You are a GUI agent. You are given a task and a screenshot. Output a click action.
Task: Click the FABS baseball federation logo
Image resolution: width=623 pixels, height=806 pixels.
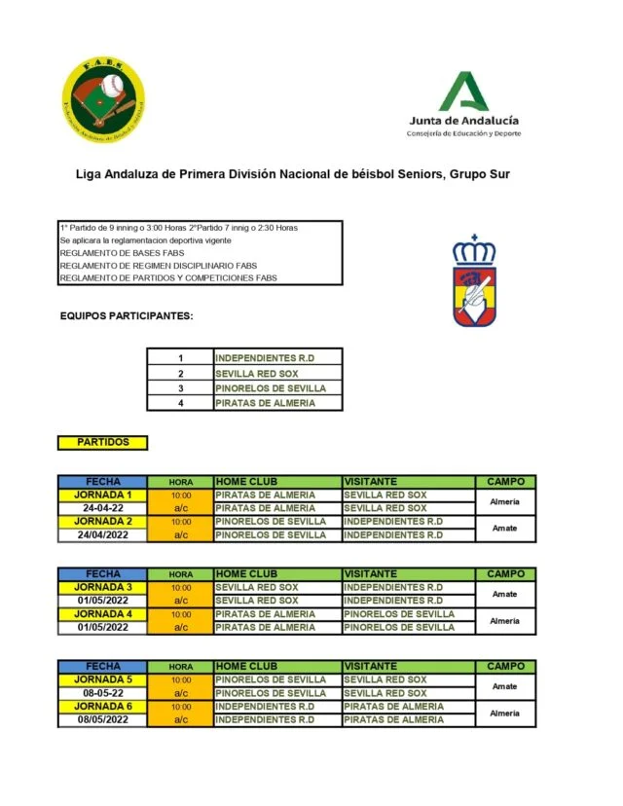(103, 100)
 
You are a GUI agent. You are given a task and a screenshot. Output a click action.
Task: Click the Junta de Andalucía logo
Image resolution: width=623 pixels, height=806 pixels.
(463, 104)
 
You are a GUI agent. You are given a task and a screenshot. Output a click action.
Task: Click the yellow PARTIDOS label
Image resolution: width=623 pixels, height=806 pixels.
(102, 442)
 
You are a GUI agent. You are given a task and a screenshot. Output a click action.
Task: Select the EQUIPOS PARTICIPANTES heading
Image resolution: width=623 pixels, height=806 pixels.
(127, 315)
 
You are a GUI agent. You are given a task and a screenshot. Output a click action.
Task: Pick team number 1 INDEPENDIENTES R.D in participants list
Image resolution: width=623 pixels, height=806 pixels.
(277, 357)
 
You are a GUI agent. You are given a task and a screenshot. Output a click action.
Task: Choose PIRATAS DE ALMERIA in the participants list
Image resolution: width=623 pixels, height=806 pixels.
(277, 402)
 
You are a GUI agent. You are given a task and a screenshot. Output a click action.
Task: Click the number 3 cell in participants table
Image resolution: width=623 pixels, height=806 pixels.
(180, 387)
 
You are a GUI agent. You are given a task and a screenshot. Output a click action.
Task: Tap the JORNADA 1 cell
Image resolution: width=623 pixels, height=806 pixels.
(102, 495)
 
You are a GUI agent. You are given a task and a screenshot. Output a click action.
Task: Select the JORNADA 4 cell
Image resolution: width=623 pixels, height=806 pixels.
(102, 614)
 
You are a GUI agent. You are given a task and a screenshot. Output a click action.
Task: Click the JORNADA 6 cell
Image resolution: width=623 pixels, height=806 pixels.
(102, 706)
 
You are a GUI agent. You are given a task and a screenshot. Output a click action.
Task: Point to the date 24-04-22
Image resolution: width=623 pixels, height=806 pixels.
(102, 508)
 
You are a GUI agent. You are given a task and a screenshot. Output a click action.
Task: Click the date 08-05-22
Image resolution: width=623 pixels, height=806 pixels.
(102, 693)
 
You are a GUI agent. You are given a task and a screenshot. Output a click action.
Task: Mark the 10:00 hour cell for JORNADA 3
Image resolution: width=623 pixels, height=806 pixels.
(181, 587)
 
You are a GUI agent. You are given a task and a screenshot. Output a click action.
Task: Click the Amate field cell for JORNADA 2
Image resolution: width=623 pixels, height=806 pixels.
(505, 528)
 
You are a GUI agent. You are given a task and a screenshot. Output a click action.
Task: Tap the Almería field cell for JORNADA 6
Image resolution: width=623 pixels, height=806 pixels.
(505, 713)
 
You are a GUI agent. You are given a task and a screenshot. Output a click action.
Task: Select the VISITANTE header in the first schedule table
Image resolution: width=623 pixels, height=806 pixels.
(370, 481)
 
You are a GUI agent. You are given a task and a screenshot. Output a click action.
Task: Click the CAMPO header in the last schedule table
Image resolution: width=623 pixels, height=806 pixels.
(505, 666)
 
